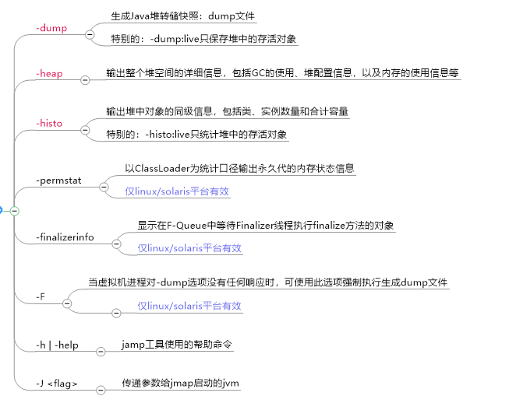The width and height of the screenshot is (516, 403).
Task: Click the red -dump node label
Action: (51, 28)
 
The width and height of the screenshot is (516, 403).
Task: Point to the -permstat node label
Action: (61, 181)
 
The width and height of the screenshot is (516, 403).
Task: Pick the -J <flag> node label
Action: (57, 384)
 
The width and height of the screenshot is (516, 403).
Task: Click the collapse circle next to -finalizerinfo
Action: (116, 244)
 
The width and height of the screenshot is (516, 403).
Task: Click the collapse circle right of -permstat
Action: (101, 187)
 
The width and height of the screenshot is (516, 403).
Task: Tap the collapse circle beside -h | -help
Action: (100, 352)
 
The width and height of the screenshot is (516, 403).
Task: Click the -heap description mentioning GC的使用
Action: (282, 74)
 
